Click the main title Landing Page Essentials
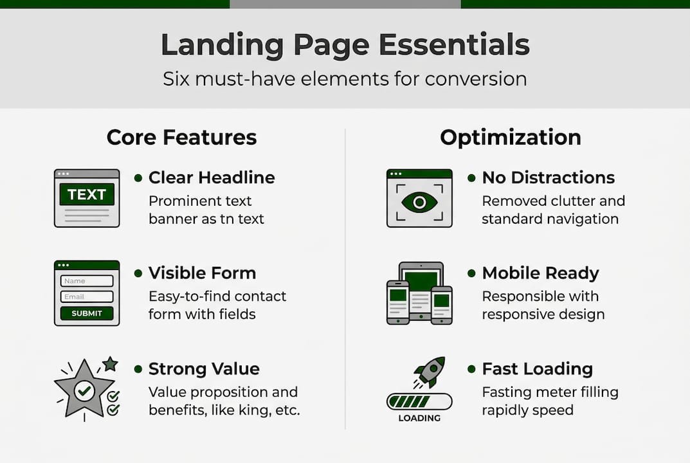(x=345, y=46)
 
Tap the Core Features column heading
(x=181, y=138)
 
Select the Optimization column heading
(x=510, y=138)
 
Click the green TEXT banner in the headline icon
(x=87, y=194)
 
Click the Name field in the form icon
(x=87, y=281)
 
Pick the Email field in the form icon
(x=87, y=297)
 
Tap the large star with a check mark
(x=84, y=389)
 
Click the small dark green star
(x=111, y=365)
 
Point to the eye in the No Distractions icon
(x=419, y=202)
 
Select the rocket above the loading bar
(x=429, y=372)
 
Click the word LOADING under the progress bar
(x=419, y=419)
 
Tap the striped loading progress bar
(x=419, y=402)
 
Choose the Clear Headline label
(x=212, y=177)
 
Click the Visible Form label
(x=202, y=273)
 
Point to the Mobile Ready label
(x=540, y=273)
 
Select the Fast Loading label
(x=537, y=369)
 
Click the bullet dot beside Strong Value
(x=138, y=369)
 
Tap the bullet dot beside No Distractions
(x=471, y=177)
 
